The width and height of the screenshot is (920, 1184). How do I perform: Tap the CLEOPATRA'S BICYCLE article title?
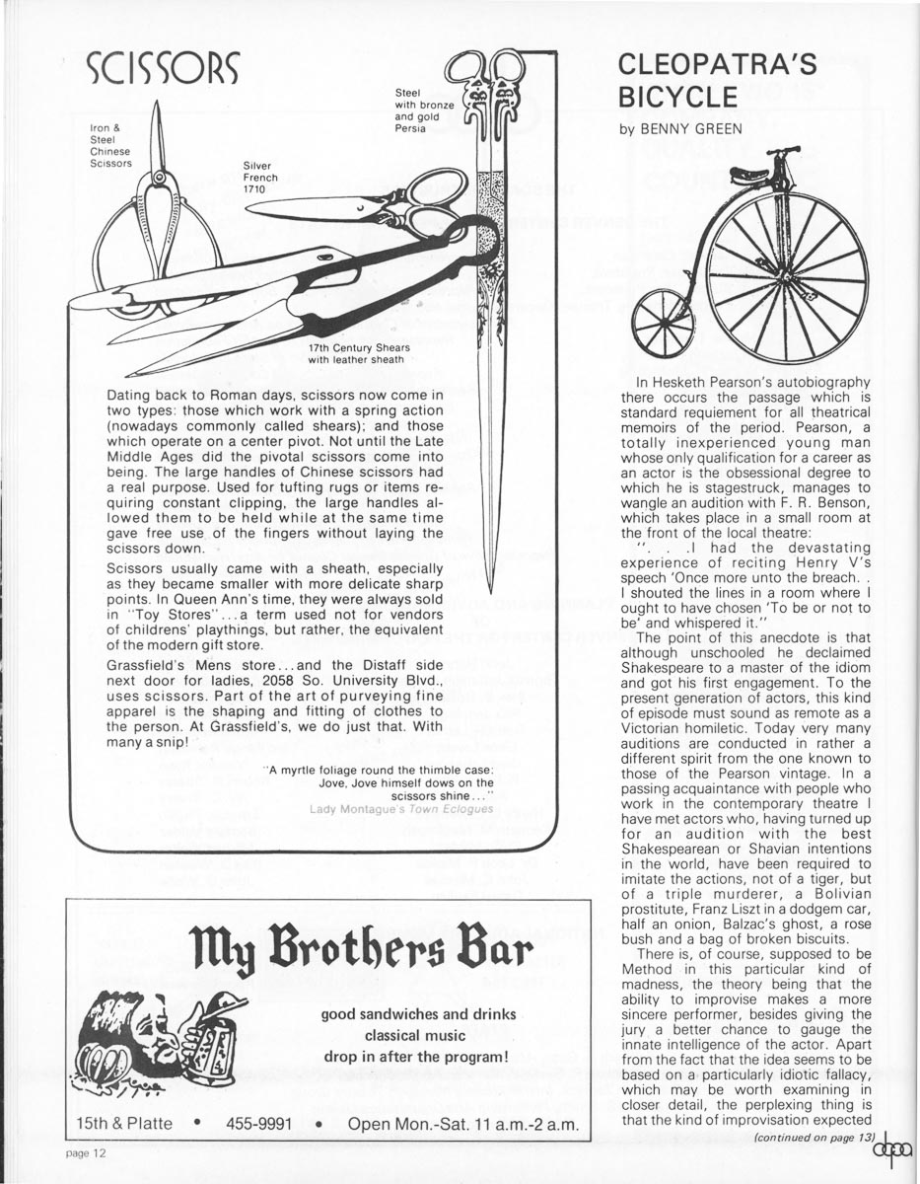point(717,81)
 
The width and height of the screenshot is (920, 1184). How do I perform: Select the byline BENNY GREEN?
point(679,129)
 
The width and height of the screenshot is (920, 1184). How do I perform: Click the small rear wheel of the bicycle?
point(663,323)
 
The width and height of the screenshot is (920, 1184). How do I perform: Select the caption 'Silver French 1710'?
point(260,178)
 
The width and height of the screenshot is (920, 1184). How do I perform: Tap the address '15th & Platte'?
point(120,1124)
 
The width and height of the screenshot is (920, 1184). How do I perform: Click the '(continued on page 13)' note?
point(814,1138)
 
